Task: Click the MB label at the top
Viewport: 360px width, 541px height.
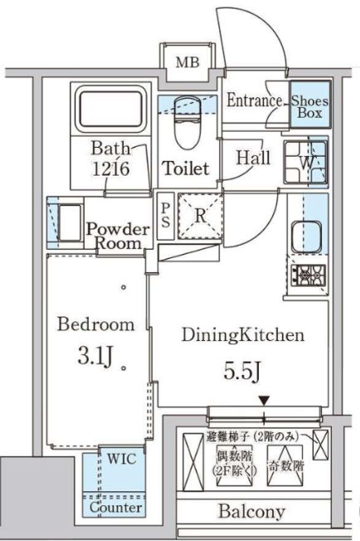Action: coord(185,62)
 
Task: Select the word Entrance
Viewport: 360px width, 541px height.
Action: coord(255,100)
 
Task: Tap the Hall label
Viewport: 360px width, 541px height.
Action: coord(252,157)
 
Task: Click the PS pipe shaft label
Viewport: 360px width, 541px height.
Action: coord(166,215)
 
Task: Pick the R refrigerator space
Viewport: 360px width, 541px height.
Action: coord(201,217)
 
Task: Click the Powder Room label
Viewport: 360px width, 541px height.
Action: coord(118,236)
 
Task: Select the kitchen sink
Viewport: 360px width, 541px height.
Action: coord(308,233)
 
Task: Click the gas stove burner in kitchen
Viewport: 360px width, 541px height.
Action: coord(308,273)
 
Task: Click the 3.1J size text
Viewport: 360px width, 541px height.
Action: coord(93,358)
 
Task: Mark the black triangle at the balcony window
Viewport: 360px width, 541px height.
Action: coord(264,401)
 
